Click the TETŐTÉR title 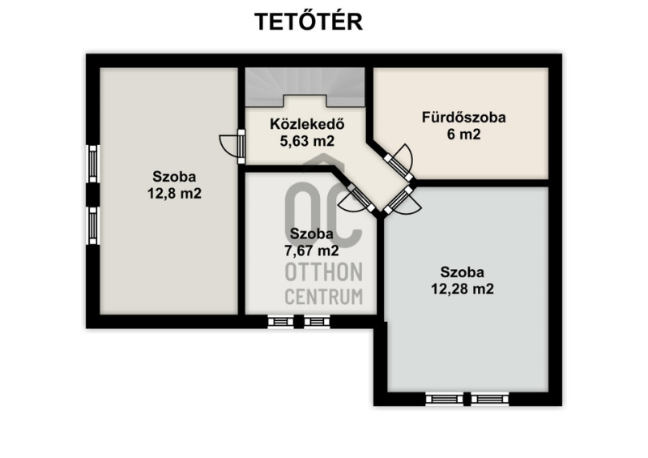(x=309, y=22)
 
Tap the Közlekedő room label (x=307, y=124)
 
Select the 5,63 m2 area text (x=307, y=141)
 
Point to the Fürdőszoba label (x=463, y=118)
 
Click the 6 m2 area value (x=463, y=135)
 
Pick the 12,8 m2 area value (x=174, y=194)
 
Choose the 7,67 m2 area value (x=312, y=250)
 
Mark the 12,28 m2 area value (x=463, y=289)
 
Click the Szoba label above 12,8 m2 (x=174, y=177)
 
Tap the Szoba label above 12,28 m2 (x=462, y=272)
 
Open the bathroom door (x=399, y=163)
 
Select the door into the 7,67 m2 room (x=358, y=198)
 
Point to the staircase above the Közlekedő (x=305, y=87)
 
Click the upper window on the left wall (x=93, y=164)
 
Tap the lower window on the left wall (x=93, y=225)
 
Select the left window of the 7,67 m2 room (x=280, y=322)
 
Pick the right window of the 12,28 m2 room (x=490, y=399)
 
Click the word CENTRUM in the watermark (x=324, y=297)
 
